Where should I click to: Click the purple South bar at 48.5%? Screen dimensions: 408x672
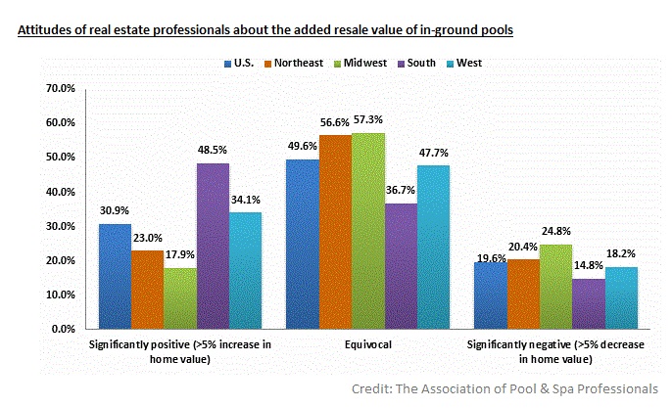[x=213, y=246]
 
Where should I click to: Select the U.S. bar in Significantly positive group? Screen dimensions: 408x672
[x=115, y=276]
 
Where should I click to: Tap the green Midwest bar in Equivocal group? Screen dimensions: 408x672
[x=368, y=231]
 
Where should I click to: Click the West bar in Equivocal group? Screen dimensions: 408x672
[x=434, y=247]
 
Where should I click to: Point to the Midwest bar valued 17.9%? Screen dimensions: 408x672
[x=180, y=298]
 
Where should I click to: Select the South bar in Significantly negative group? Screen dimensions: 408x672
[x=589, y=303]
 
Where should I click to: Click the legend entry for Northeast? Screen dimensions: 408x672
[x=300, y=64]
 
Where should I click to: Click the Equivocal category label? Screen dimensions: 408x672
[x=368, y=344]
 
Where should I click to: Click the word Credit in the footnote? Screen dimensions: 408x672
[x=373, y=388]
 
